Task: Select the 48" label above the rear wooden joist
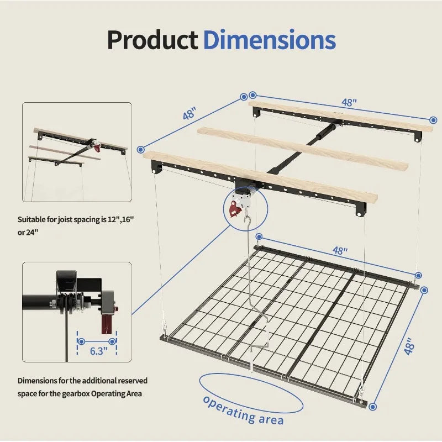(349, 102)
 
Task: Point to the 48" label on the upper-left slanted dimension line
(190, 114)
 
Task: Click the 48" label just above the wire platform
(339, 250)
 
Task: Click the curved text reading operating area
(243, 409)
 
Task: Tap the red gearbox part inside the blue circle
(235, 209)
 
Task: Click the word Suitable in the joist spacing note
(31, 219)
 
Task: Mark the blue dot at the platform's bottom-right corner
(372, 406)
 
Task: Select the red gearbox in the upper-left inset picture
(97, 146)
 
